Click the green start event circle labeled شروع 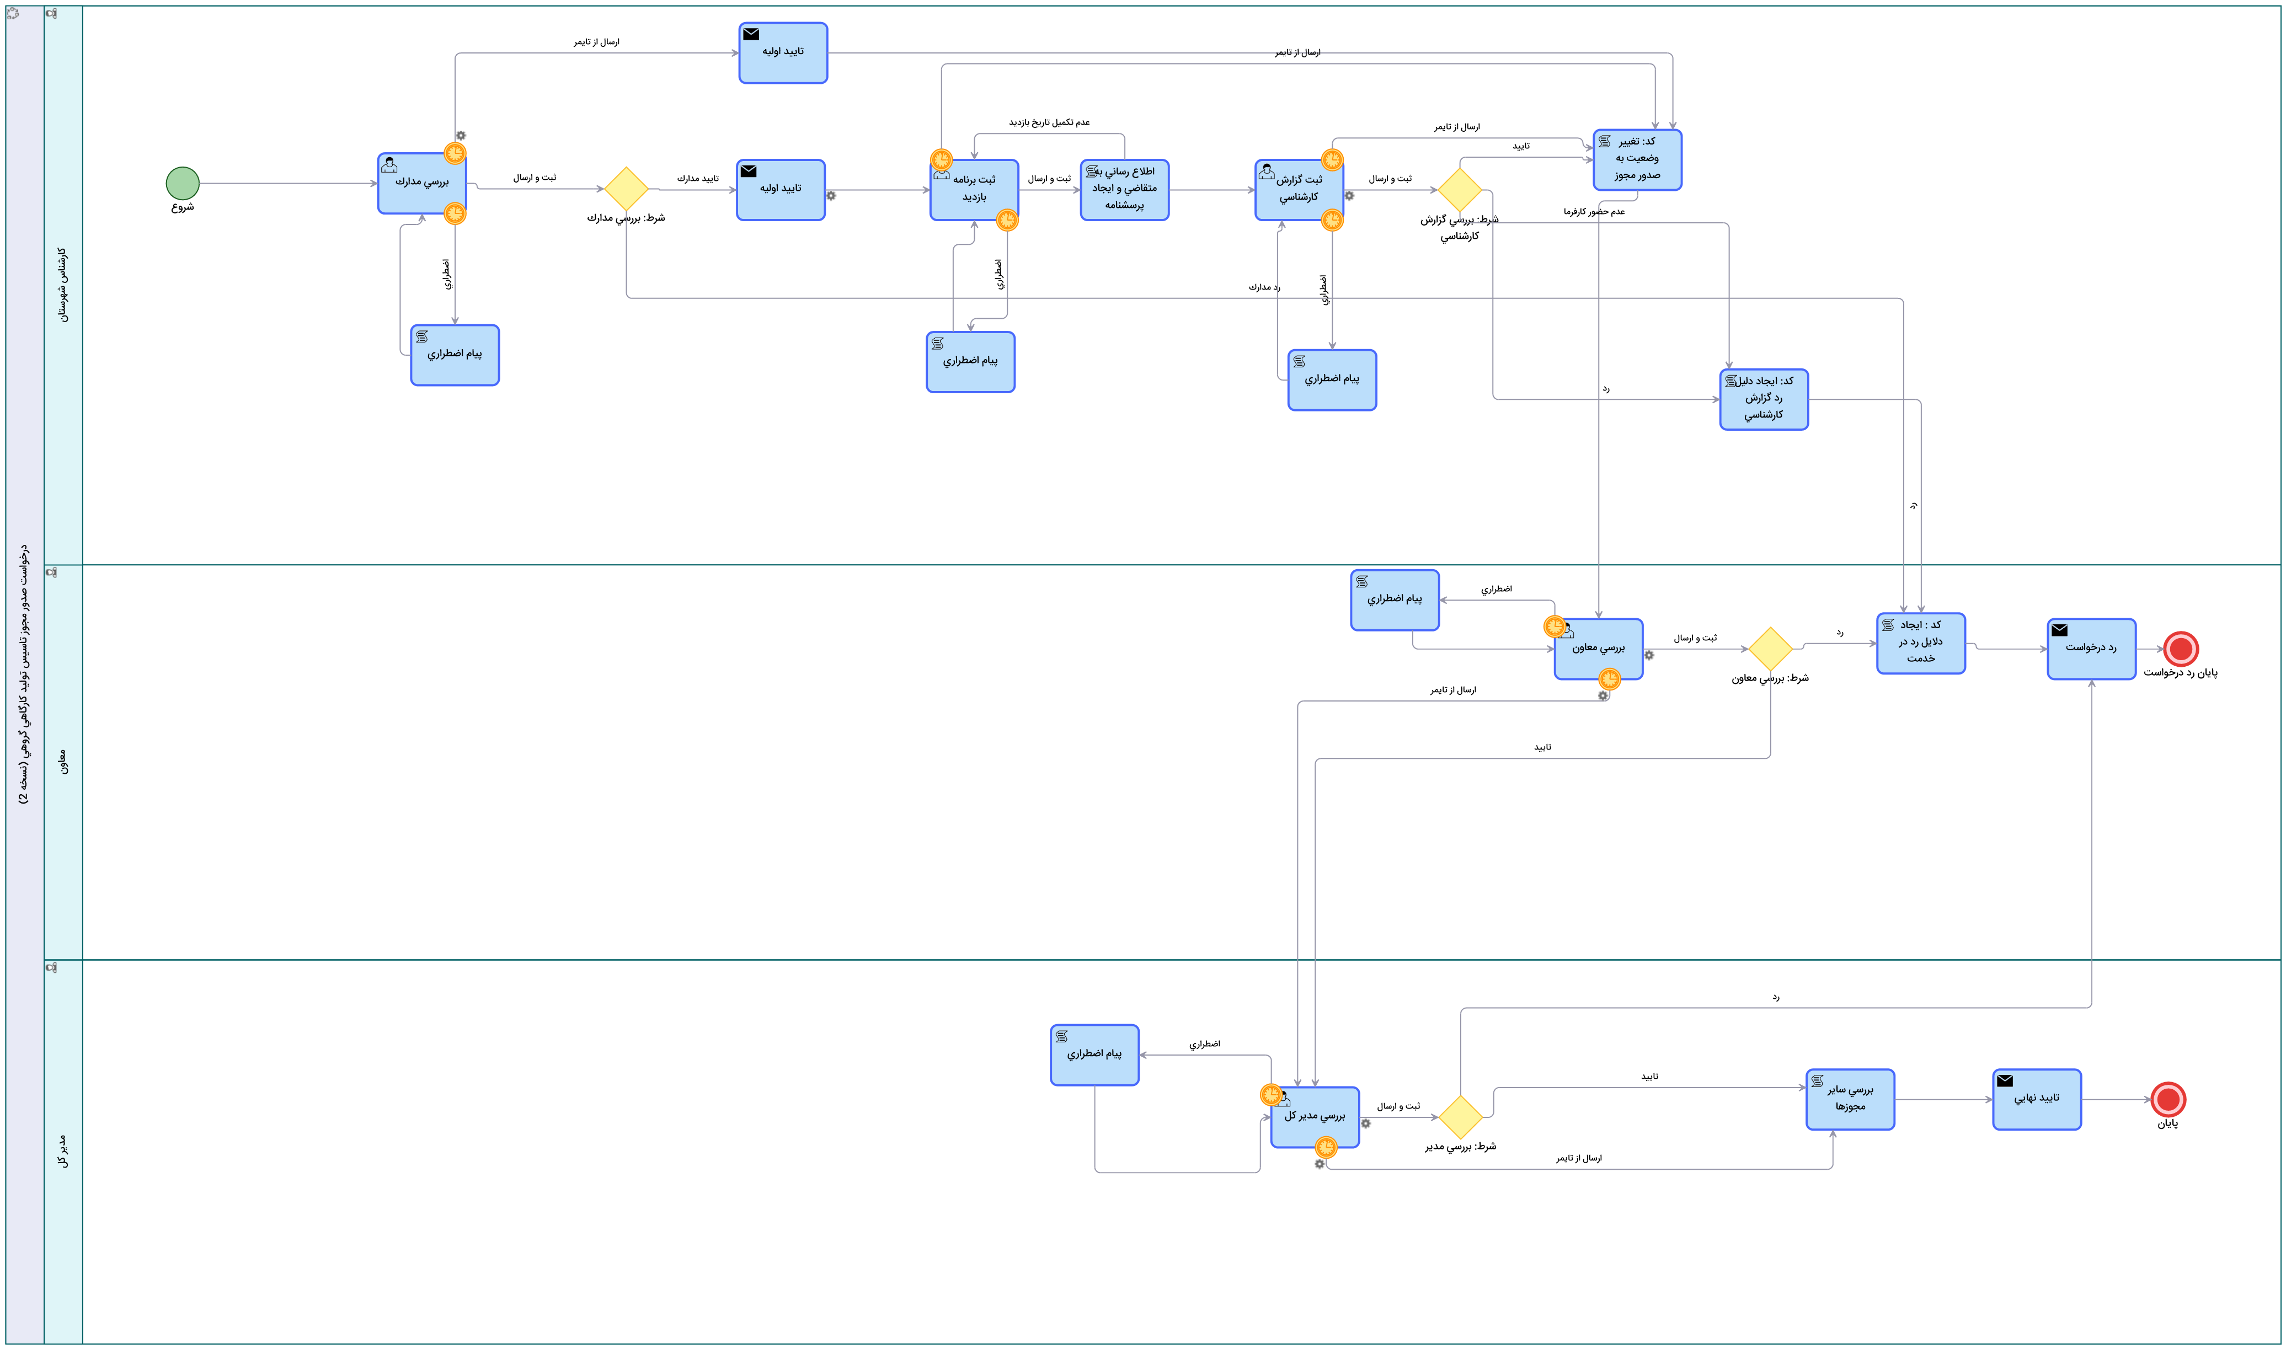tap(183, 184)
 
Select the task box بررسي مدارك tap(422, 184)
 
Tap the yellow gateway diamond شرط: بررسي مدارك tap(626, 189)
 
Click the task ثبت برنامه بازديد tap(974, 190)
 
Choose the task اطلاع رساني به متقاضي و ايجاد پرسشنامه tap(1124, 190)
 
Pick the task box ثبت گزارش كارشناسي tap(1299, 190)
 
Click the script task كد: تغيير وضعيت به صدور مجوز tap(1637, 160)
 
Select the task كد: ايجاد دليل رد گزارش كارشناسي tap(1764, 399)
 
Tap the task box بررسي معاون tap(1598, 649)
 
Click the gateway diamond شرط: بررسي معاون tap(1770, 649)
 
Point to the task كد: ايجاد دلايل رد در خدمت tap(1921, 644)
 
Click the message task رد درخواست tap(2091, 649)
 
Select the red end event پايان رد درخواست tap(2181, 649)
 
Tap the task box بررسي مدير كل tap(1315, 1117)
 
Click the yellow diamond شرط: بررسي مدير tap(1461, 1117)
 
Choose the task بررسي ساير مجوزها tap(1850, 1099)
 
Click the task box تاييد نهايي tap(2036, 1099)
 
